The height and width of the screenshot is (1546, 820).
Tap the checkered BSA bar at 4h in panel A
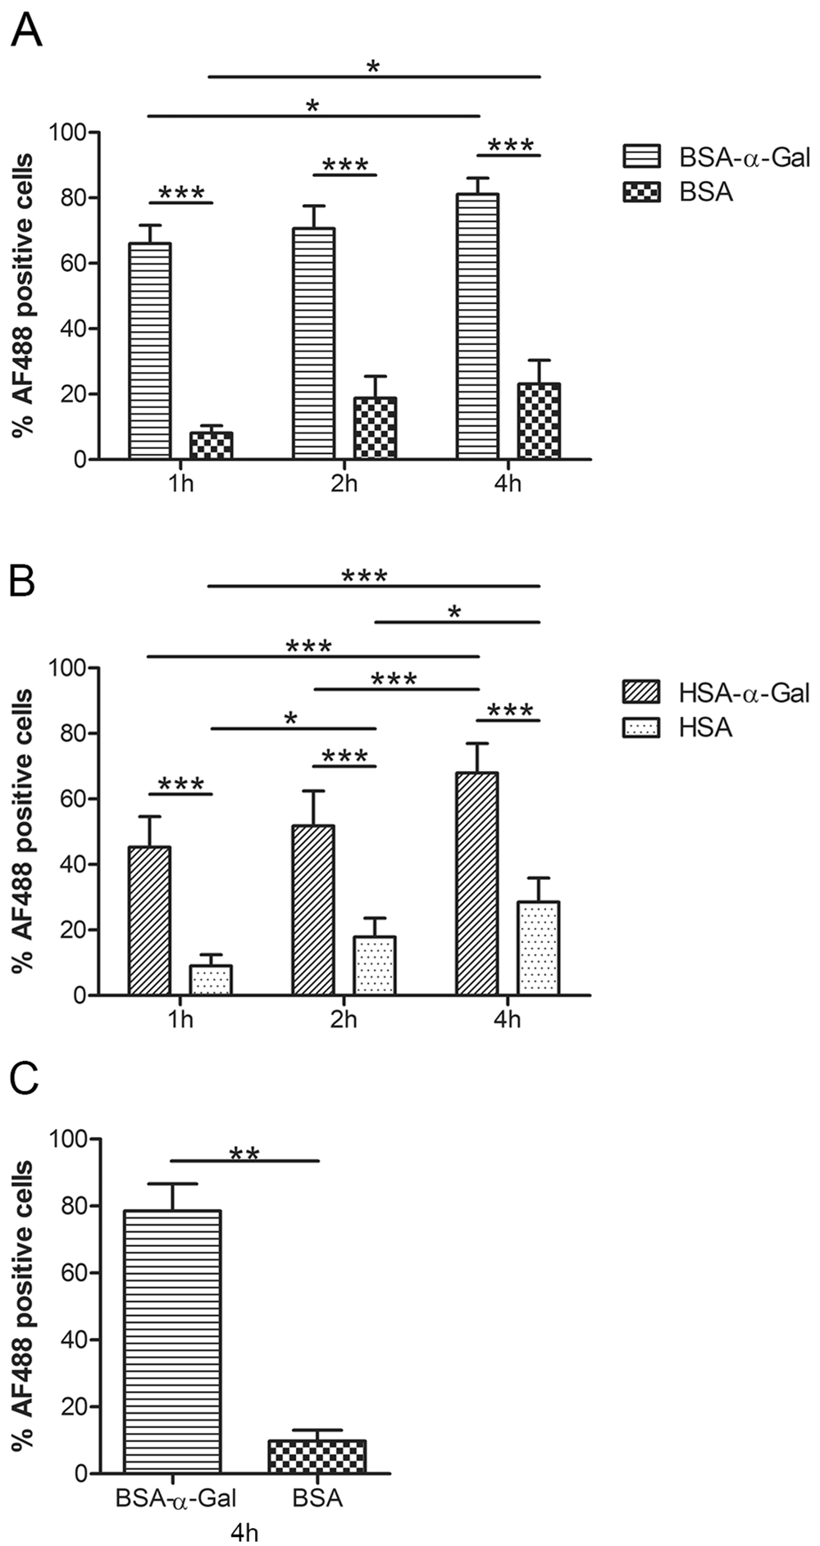pyautogui.click(x=539, y=421)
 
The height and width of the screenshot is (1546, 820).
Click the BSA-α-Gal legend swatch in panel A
pyautogui.click(x=641, y=156)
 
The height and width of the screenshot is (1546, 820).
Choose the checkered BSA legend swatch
pyautogui.click(x=641, y=193)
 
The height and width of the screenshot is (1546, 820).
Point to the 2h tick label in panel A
pyautogui.click(x=344, y=483)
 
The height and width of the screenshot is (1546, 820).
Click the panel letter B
pyautogui.click(x=23, y=583)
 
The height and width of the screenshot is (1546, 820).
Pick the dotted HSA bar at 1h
pyautogui.click(x=211, y=980)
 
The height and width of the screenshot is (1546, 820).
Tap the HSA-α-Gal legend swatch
pyautogui.click(x=641, y=692)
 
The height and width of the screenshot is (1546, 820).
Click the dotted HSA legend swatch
pyautogui.click(x=641, y=728)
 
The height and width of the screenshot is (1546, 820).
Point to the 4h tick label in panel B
pyautogui.click(x=508, y=1020)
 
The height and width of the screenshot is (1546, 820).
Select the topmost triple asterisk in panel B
pyautogui.click(x=364, y=577)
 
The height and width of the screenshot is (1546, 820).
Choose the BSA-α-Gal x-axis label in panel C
pyautogui.click(x=175, y=1499)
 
